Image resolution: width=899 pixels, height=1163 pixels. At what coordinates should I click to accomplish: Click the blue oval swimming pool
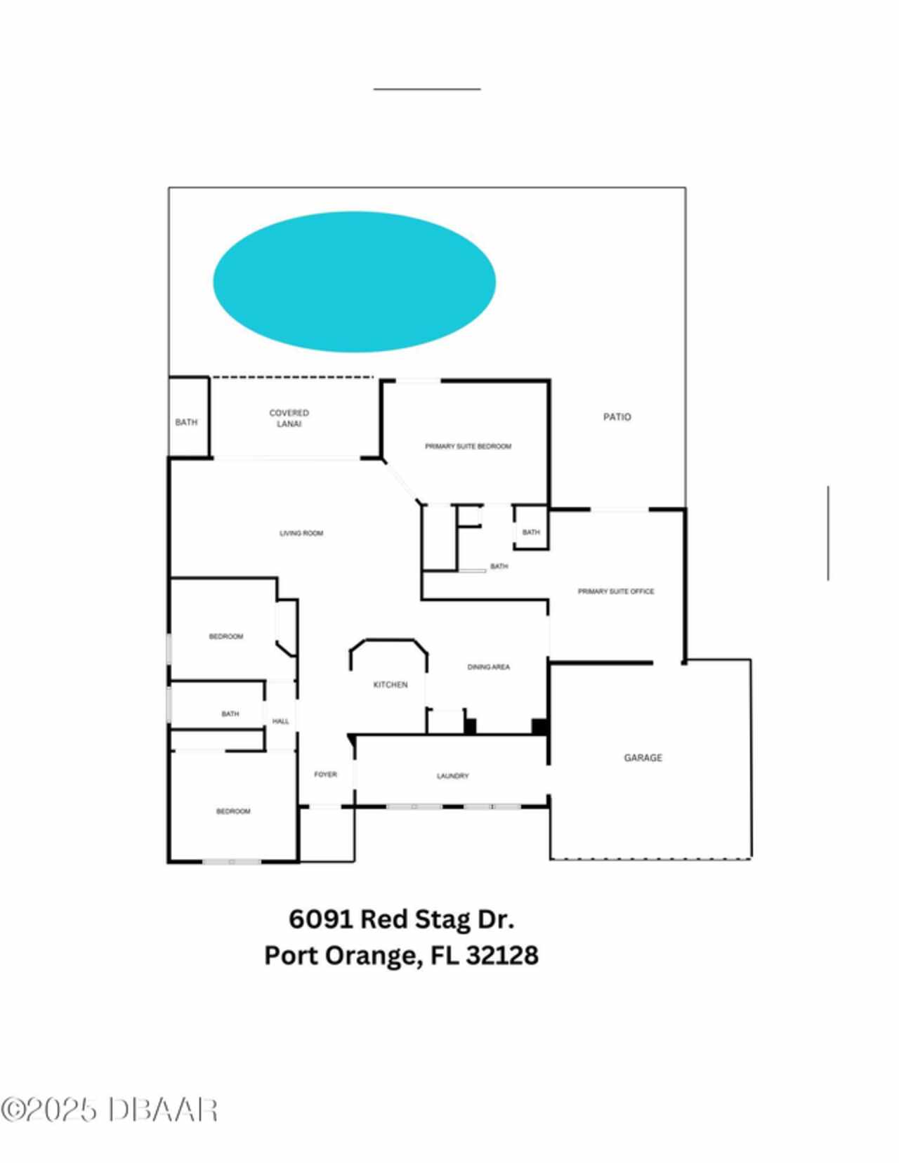354,282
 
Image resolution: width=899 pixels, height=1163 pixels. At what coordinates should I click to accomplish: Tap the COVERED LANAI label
289,418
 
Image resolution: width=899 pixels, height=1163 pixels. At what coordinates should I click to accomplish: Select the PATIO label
617,417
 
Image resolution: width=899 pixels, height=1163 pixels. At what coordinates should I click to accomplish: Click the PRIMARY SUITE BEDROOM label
468,447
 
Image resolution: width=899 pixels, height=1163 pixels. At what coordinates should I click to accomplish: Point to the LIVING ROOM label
301,533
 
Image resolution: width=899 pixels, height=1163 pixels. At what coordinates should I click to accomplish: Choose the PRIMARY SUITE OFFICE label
616,591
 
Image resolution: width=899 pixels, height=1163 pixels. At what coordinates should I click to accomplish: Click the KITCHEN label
391,685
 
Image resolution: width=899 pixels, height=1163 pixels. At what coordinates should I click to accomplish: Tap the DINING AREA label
489,667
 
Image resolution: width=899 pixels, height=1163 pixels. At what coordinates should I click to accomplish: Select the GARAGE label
643,757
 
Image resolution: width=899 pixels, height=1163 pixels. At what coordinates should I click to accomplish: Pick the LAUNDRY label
453,775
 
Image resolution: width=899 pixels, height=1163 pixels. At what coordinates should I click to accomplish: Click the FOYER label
325,774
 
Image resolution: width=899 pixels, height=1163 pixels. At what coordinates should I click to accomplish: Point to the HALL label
280,721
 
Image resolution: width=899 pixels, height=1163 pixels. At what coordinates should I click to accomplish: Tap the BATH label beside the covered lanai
186,422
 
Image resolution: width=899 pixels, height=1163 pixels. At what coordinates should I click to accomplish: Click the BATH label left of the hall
230,714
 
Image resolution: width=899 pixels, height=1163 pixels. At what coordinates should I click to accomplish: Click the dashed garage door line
650,860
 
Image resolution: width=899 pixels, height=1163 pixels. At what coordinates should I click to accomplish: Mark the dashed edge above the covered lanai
291,377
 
